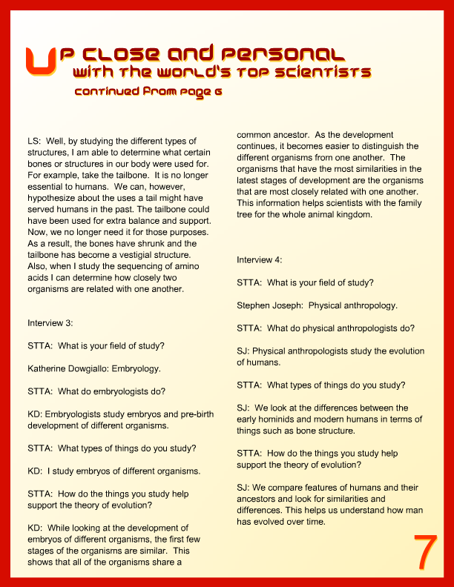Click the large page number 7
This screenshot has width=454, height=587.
coord(424,552)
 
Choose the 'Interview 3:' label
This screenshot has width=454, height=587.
coord(50,323)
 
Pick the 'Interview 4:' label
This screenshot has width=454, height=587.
coord(259,260)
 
